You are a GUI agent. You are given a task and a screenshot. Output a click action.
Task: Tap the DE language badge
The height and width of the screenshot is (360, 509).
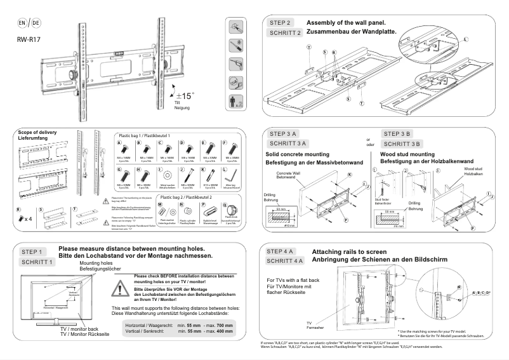(36, 23)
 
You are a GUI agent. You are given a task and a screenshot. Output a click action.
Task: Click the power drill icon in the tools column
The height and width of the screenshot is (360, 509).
(235, 44)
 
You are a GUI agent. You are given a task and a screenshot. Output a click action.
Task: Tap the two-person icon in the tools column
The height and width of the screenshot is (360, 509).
(235, 102)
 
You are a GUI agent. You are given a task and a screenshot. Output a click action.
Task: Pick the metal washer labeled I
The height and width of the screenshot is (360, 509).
(167, 173)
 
